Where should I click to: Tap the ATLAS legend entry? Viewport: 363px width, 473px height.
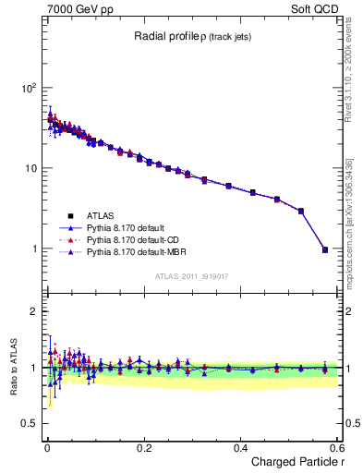coord(100,213)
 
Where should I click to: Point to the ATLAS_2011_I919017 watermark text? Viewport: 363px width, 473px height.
coord(189,275)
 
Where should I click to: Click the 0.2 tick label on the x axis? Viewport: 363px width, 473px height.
coord(143,447)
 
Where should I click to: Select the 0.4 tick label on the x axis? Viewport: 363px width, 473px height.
coord(240,447)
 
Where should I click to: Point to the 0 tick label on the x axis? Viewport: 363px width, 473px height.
coord(47,447)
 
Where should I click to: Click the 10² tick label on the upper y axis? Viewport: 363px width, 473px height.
coord(29,88)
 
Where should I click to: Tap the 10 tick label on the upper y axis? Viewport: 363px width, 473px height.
coord(31,168)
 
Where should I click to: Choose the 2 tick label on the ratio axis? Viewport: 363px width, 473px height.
coord(35,311)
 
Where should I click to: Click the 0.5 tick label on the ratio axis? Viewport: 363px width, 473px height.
coord(30,423)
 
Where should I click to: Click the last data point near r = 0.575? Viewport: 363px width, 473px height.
coord(324,249)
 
